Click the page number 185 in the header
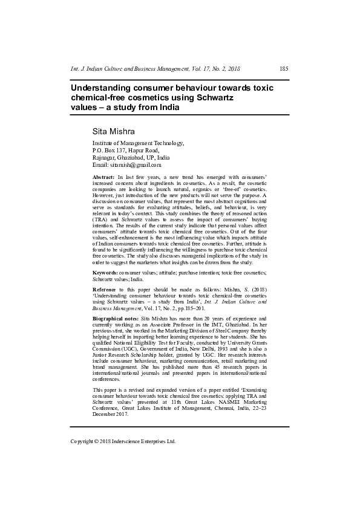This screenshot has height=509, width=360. [x=284, y=69]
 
